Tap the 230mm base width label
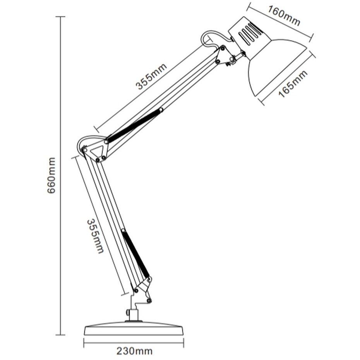134,351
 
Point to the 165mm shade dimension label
293,84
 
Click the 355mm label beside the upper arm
151,76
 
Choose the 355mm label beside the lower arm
95,236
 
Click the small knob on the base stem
127,312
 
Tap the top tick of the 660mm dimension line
60,17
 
